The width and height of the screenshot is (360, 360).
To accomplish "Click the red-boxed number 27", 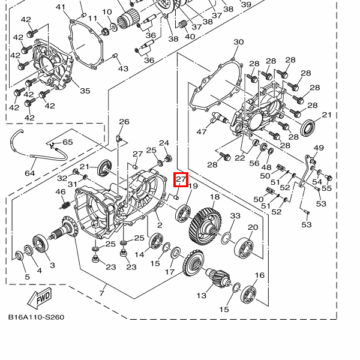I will click(x=181, y=179).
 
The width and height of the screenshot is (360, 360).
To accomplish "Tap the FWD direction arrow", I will click(x=41, y=298).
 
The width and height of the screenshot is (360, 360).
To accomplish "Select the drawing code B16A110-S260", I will click(x=36, y=317).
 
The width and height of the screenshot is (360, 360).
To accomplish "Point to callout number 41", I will click(x=60, y=7).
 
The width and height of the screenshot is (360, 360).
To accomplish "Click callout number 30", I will click(x=238, y=42).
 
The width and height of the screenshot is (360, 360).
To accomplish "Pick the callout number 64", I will click(x=30, y=173).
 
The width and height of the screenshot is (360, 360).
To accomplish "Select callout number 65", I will click(x=67, y=142).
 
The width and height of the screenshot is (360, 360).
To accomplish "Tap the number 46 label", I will click(x=61, y=192).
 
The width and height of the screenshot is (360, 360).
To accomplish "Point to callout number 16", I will click(x=259, y=275).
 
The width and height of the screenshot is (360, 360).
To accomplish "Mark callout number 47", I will click(x=201, y=131).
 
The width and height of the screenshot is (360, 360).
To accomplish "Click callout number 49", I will click(x=319, y=148).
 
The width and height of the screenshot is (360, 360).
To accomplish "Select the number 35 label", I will click(x=85, y=91).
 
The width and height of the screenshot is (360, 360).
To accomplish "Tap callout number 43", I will click(x=123, y=69).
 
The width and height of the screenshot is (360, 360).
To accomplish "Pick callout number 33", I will click(x=235, y=216).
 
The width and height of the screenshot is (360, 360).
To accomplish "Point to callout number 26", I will click(x=124, y=122).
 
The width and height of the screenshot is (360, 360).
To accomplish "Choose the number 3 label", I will click(x=52, y=265).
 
